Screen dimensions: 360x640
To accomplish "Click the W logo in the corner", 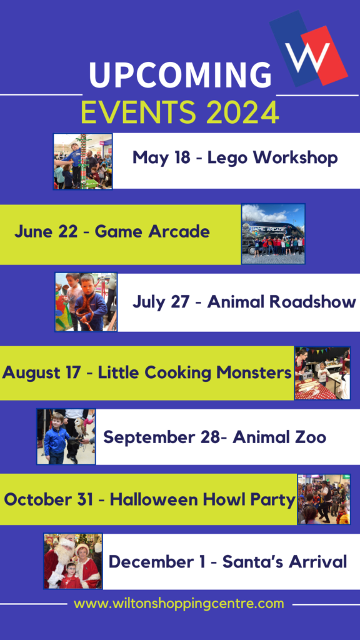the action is pyautogui.click(x=309, y=49).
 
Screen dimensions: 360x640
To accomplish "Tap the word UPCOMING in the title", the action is pyautogui.click(x=180, y=76).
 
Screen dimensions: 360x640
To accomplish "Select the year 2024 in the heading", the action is pyautogui.click(x=242, y=112).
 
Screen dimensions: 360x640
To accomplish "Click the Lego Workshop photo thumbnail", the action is pyautogui.click(x=83, y=161).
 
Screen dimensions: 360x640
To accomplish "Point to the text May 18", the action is pyautogui.click(x=161, y=157).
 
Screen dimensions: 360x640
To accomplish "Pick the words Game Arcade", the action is pyautogui.click(x=152, y=232).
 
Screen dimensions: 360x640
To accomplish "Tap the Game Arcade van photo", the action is pyautogui.click(x=274, y=234).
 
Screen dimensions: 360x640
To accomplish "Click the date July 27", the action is pyautogui.click(x=161, y=302).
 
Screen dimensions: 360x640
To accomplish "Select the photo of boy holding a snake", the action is pyautogui.click(x=86, y=302).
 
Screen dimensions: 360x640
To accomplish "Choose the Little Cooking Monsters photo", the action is pyautogui.click(x=322, y=373).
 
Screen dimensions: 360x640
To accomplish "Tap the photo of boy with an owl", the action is pyautogui.click(x=66, y=437).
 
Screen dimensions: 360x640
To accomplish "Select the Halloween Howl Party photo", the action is pyautogui.click(x=324, y=499).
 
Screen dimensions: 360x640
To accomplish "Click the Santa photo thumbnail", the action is pyautogui.click(x=73, y=561).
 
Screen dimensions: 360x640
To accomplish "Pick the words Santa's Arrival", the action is pyautogui.click(x=284, y=562).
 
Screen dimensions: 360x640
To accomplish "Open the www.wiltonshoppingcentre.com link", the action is pyautogui.click(x=179, y=604).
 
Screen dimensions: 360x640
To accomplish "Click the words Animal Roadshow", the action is pyautogui.click(x=282, y=302).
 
